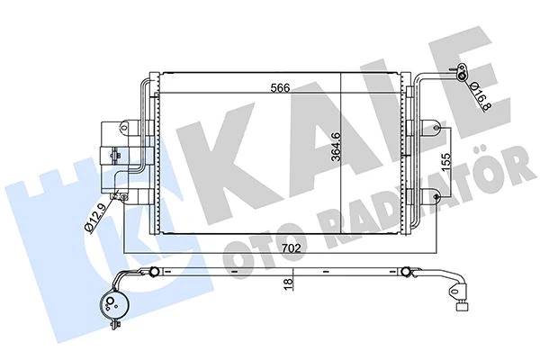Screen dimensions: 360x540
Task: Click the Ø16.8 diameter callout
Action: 478,87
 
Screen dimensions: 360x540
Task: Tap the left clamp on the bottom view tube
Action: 155,269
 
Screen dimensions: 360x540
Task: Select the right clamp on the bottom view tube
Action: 407,269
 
